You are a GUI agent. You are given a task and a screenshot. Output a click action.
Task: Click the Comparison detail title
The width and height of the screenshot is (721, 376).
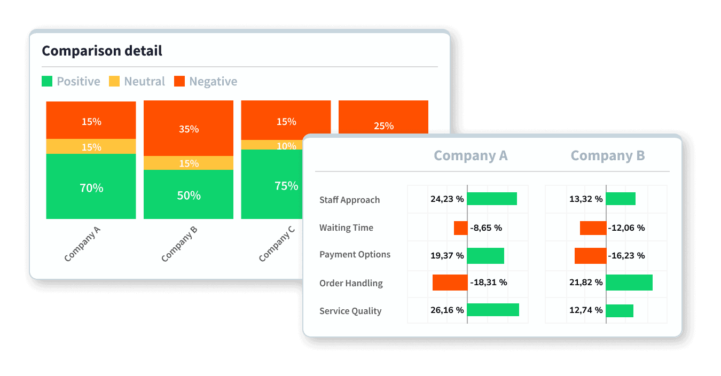click(102, 51)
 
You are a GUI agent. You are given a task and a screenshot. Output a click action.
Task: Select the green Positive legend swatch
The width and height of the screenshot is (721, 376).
click(47, 81)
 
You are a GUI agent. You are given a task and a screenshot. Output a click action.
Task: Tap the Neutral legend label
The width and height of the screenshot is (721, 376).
click(144, 81)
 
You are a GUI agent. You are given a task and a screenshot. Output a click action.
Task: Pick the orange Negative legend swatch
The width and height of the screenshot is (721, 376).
click(179, 81)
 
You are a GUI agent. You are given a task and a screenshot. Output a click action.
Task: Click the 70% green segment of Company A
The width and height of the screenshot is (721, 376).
click(91, 187)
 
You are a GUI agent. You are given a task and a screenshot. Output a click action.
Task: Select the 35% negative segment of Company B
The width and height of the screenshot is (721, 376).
click(189, 129)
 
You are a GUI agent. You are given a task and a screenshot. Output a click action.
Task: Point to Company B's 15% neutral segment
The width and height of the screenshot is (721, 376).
click(189, 163)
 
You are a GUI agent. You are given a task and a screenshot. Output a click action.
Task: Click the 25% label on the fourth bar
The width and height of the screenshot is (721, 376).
click(383, 126)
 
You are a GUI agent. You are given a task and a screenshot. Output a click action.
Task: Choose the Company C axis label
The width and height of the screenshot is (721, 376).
click(276, 244)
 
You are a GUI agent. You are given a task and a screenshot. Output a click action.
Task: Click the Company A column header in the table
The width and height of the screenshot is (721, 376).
click(471, 155)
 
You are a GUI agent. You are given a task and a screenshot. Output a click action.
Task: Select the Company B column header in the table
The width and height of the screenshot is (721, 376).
click(608, 155)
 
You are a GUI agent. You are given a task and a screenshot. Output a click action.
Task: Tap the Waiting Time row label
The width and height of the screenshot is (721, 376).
click(346, 228)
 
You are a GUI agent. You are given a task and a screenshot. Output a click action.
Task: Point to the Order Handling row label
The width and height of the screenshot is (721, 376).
click(351, 283)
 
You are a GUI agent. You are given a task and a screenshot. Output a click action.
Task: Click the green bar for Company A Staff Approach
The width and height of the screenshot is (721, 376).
click(492, 199)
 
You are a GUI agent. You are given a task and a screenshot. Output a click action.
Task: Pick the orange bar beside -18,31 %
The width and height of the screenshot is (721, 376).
click(450, 283)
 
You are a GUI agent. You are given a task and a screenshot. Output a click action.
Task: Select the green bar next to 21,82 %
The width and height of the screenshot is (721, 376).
click(629, 283)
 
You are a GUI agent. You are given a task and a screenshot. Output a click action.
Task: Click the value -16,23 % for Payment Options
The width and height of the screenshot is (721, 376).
click(626, 256)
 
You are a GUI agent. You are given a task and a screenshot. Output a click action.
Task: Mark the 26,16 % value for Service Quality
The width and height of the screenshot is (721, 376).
click(447, 310)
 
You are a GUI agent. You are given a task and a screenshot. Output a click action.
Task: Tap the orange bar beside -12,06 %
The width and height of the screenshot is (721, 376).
click(593, 228)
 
